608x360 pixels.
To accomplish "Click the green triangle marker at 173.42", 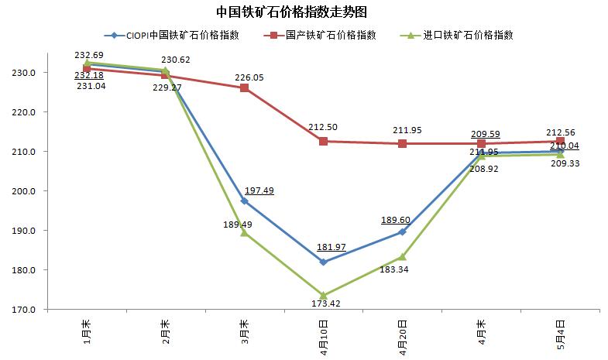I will tap(323, 296).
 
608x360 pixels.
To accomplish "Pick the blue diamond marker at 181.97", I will tap(323, 262).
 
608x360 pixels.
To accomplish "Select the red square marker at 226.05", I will tap(244, 88).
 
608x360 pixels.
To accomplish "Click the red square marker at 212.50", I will tap(323, 142).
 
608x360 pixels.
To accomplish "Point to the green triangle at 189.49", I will tap(244, 232).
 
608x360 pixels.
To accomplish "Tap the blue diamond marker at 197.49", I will tap(244, 201).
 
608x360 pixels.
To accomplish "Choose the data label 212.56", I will tap(560, 132).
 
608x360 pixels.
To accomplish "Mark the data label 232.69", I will tap(89, 55).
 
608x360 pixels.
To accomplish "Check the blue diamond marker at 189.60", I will tap(402, 231).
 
